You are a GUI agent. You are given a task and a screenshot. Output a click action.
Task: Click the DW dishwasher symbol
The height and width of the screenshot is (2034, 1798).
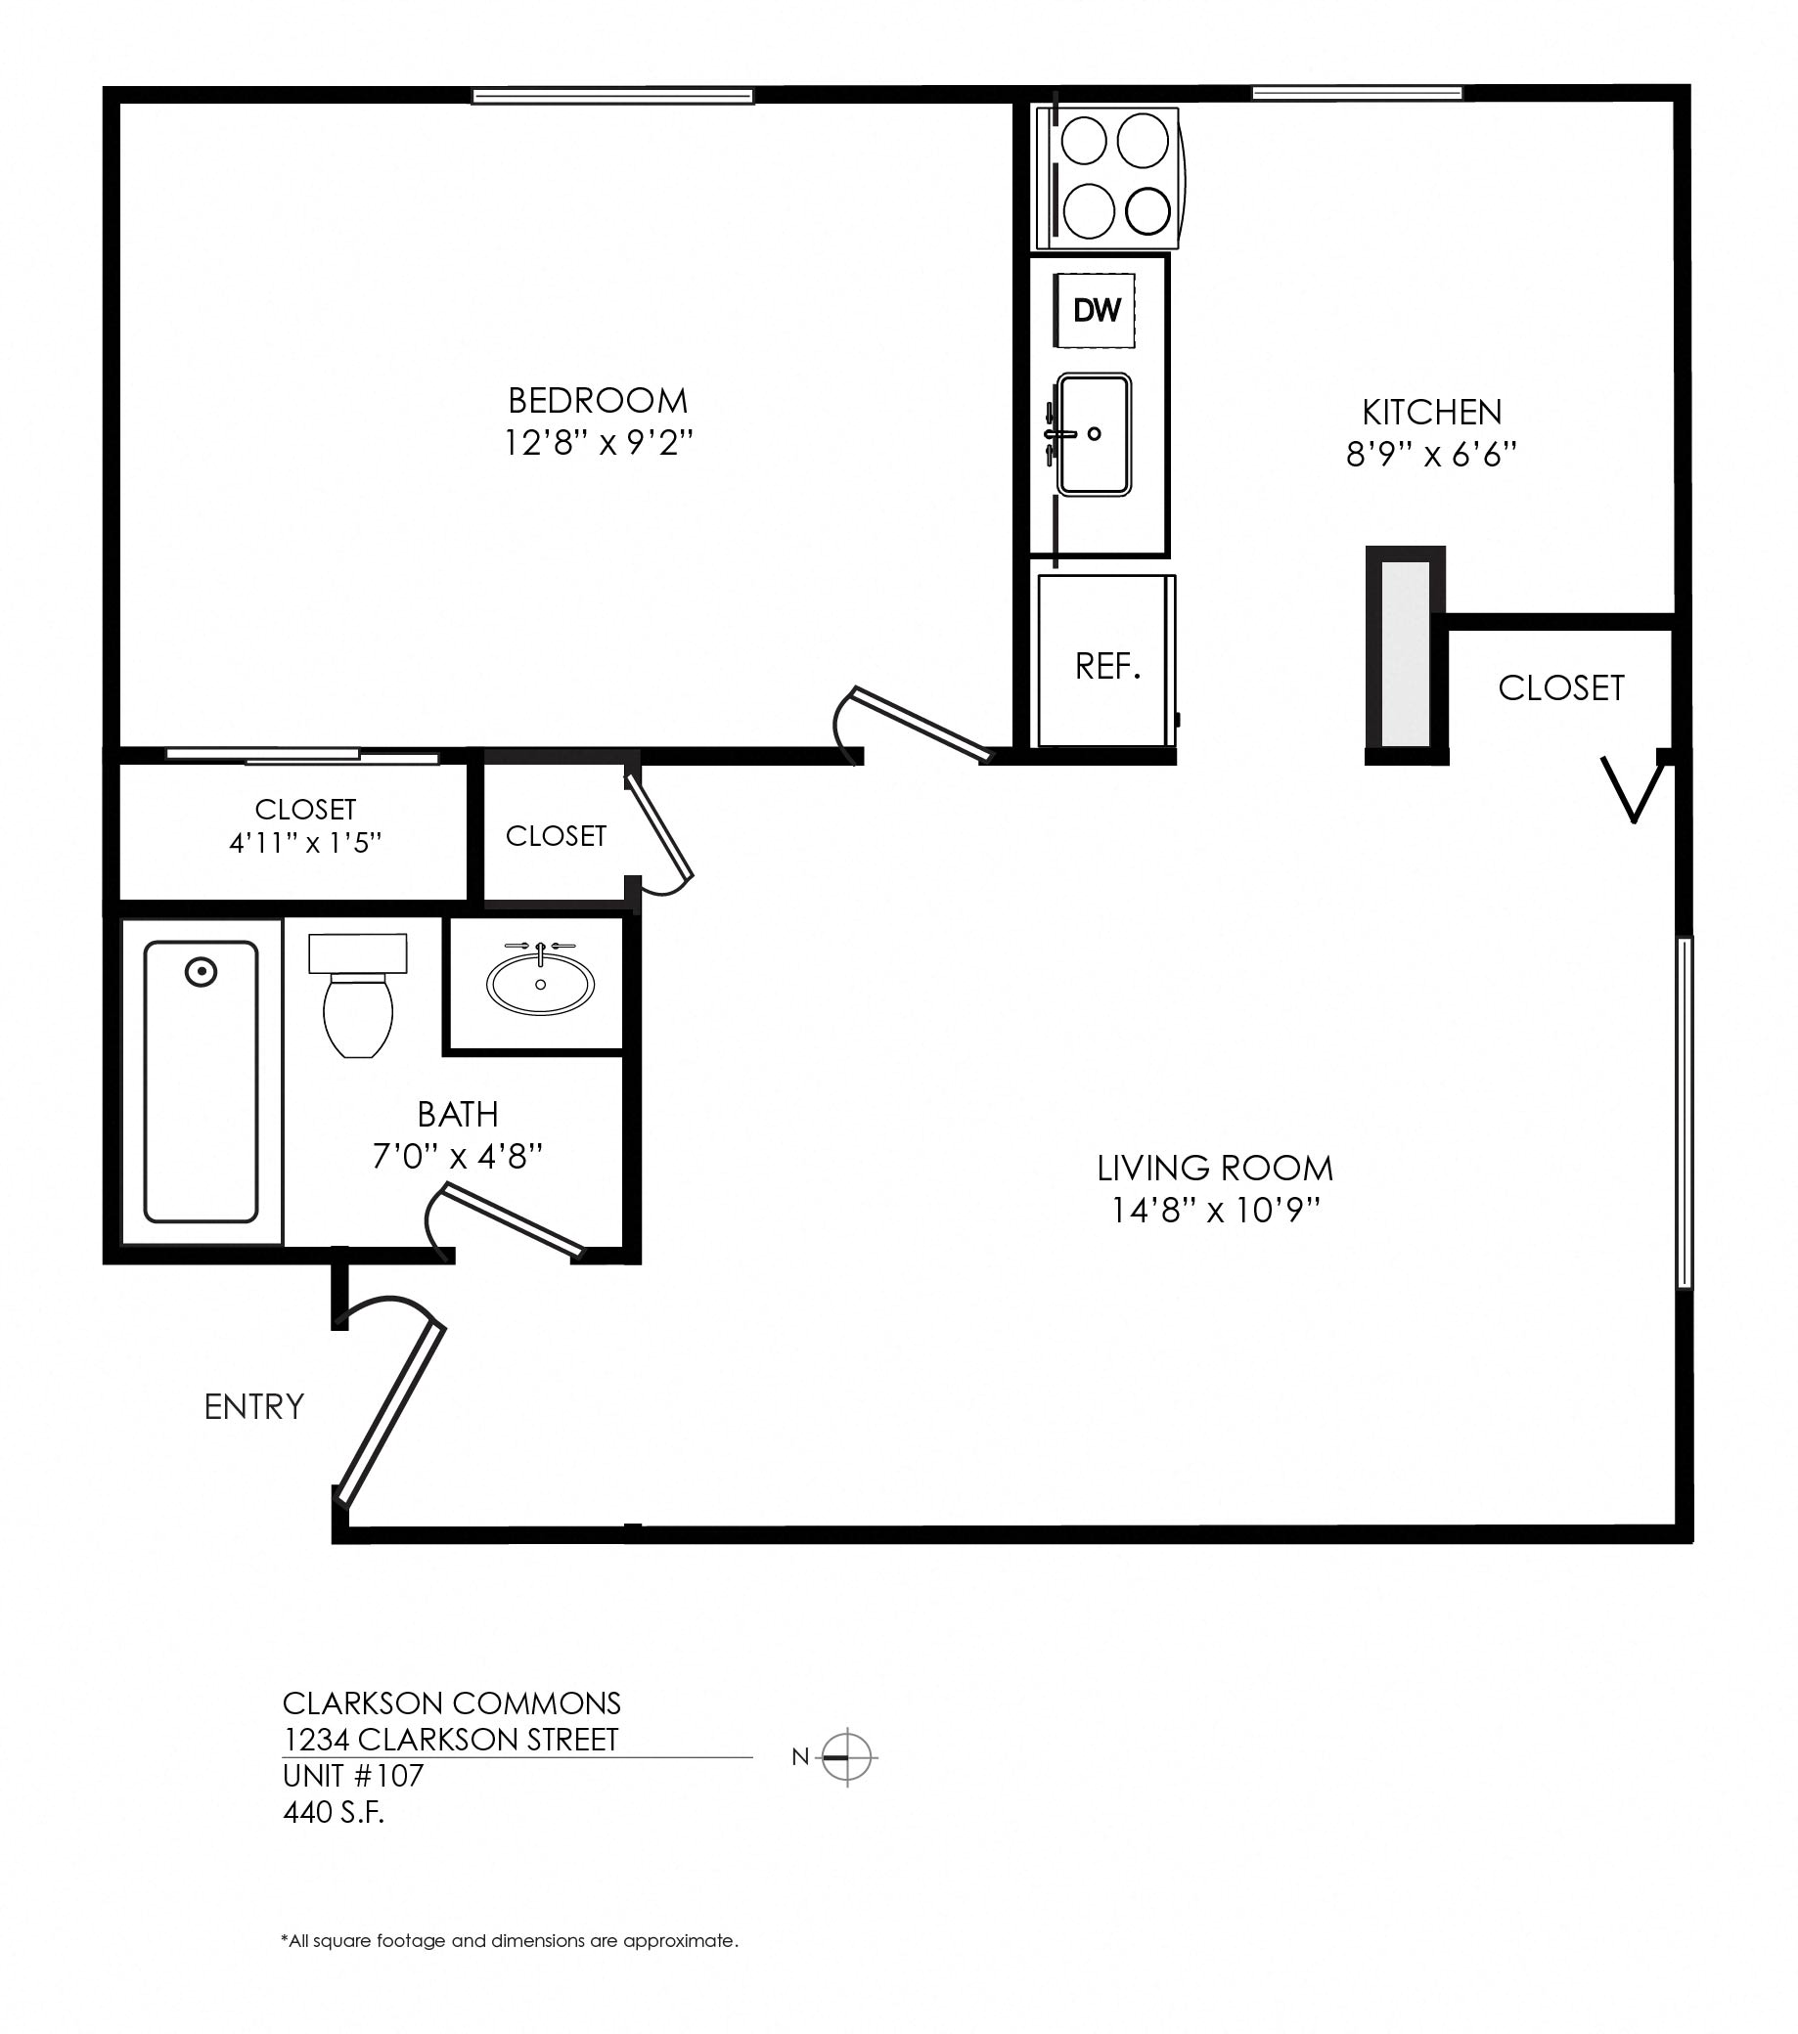(x=1097, y=310)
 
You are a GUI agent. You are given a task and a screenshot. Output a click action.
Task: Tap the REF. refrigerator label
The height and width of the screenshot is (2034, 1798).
(x=1107, y=667)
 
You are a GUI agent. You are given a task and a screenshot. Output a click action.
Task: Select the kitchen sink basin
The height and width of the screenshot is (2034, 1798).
(x=1094, y=434)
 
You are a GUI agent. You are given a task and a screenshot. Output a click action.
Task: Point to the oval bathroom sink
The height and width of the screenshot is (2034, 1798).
(x=541, y=984)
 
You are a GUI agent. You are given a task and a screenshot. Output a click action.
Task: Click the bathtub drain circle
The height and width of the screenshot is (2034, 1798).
(x=202, y=971)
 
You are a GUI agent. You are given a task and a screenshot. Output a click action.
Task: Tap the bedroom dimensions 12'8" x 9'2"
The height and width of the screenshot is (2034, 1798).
(x=599, y=442)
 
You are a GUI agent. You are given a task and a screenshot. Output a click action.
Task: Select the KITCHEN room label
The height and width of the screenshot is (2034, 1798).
(x=1431, y=412)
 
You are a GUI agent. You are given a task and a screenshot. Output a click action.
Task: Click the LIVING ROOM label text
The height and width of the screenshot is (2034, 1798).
(x=1215, y=1169)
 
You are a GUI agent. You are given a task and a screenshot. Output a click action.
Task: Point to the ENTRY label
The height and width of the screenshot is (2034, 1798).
(x=254, y=1407)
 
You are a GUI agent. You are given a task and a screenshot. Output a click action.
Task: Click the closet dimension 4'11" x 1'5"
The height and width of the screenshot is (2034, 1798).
(x=305, y=844)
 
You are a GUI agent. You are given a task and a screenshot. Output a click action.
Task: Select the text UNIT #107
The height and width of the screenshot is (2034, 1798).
(x=353, y=1775)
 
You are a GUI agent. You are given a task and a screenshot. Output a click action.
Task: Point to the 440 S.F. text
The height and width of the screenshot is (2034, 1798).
(x=334, y=1812)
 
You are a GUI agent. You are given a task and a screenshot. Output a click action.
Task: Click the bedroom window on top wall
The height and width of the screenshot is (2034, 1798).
(x=612, y=97)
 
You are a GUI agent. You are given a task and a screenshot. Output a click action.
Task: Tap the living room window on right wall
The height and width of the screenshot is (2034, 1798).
(x=1684, y=1113)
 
